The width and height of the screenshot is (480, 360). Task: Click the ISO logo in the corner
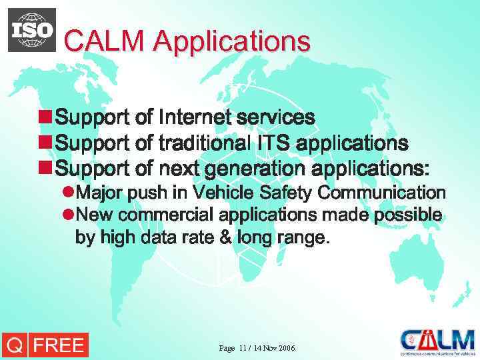[x=32, y=30]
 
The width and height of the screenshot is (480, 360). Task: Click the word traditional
[x=204, y=143]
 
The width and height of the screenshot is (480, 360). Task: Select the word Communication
[x=382, y=193]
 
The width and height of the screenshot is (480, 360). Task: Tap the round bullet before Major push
[x=67, y=193]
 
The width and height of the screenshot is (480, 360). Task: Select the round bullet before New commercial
[x=67, y=215]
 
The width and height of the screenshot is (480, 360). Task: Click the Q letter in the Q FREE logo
[x=13, y=345]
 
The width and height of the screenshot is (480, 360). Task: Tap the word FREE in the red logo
[x=58, y=345]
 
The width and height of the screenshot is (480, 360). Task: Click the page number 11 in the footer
[x=242, y=349]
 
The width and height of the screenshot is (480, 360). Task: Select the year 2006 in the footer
[x=287, y=349]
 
